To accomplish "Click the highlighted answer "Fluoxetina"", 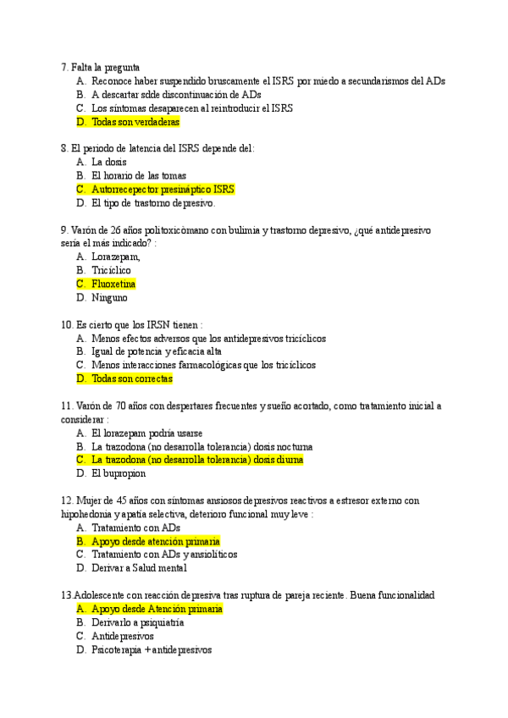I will (113, 284).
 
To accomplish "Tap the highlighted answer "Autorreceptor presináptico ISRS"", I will (163, 189).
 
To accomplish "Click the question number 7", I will (63, 67).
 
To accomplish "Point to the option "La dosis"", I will (109, 162).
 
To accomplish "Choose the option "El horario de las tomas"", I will (138, 175).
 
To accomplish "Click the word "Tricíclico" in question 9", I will (111, 270).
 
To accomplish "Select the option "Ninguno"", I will (109, 297).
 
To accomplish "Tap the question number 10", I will (67, 324).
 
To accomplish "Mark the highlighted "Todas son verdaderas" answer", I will (135, 121).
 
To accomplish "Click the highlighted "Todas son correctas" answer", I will (131, 378).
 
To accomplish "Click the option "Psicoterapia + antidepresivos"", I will (151, 649).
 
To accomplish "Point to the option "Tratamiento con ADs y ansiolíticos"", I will (164, 555).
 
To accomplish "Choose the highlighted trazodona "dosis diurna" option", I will (196, 460).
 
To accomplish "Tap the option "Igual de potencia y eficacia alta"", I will (157, 351).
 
